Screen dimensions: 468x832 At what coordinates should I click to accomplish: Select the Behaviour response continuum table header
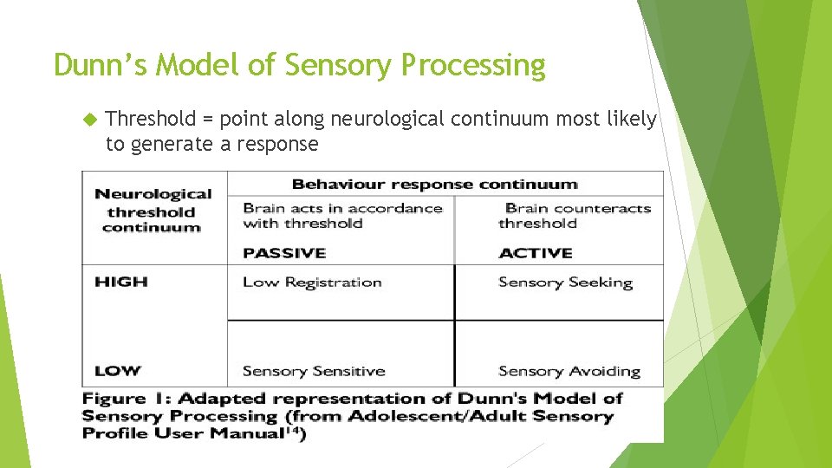coord(434,184)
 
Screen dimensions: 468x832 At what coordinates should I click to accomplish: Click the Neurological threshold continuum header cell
coord(153,211)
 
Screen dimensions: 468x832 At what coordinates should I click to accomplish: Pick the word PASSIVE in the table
coord(284,253)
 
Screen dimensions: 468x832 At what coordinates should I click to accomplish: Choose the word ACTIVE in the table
coord(536,253)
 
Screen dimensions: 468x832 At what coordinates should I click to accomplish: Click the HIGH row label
coord(121,282)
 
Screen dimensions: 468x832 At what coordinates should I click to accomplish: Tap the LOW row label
coord(118,371)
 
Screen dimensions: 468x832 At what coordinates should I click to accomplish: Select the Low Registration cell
coord(312,283)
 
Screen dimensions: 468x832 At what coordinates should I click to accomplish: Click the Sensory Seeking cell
coord(565,283)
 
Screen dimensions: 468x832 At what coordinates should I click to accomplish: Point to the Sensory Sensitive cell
coord(314,371)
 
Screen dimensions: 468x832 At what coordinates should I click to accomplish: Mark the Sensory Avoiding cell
coord(569,371)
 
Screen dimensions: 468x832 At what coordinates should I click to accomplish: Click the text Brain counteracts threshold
coord(572,215)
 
